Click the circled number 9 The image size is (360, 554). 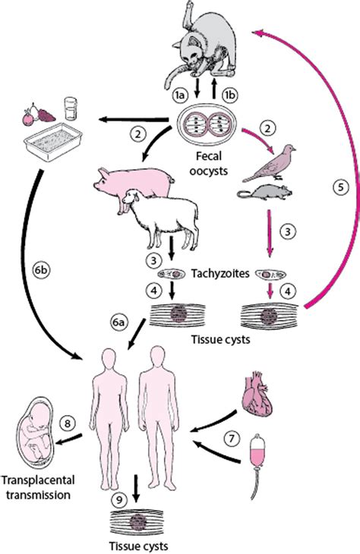click(x=118, y=500)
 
